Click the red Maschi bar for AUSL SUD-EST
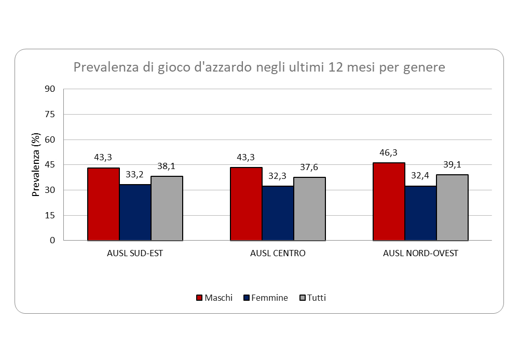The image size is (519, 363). coord(103,204)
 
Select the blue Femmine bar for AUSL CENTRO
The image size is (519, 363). coord(278,213)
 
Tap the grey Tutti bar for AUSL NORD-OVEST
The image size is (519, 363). coord(452,207)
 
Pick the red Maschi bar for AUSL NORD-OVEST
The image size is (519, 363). coord(389,202)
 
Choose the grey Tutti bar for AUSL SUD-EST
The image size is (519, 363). coord(167,208)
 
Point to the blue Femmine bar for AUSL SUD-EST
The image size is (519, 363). coord(135,212)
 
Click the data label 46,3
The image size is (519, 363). coord(389,153)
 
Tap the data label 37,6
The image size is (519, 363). coord(309,167)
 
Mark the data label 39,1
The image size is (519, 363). coord(452,165)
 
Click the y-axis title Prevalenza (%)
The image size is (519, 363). coord(36,165)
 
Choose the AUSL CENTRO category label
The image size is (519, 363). coord(278,254)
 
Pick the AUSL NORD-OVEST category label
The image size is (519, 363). coord(420,254)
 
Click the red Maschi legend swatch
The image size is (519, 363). coord(199,298)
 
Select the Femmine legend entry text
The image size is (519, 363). coord(269,298)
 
